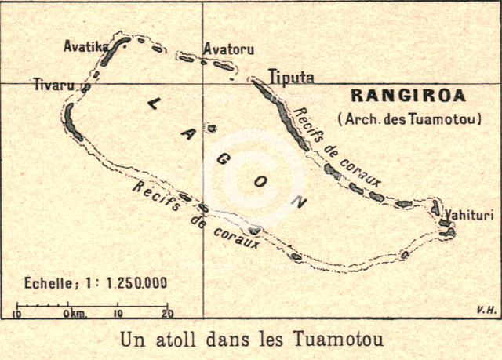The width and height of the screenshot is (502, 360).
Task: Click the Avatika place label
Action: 85,46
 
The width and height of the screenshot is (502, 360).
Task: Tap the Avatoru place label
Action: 228,49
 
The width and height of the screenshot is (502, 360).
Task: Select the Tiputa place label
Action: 291,77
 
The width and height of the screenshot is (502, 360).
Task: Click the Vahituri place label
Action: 468,213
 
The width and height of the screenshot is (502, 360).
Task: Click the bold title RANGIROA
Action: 408,97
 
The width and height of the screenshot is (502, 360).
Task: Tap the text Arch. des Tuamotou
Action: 409,119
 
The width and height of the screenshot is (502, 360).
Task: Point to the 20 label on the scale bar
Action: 166,314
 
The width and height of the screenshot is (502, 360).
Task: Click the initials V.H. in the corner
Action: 486,311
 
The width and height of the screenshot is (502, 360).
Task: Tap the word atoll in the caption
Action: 175,341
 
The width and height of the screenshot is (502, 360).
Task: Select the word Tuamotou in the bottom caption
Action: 342,341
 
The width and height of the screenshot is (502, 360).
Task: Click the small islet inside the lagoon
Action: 212,129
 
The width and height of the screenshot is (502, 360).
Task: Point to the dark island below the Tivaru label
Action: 73,122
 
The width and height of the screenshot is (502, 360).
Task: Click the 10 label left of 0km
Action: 17,314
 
